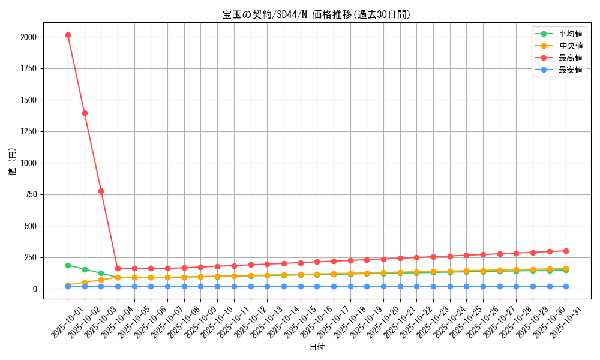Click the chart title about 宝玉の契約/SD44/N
tap(316, 14)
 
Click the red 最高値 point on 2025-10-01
tap(68, 35)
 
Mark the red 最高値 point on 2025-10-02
tap(85, 113)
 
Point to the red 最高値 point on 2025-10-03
tap(101, 191)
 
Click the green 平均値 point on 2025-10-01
tap(68, 265)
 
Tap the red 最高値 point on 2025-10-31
tap(566, 251)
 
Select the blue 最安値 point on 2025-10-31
tap(566, 286)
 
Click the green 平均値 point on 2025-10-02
tap(85, 269)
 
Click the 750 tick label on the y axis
tap(30, 194)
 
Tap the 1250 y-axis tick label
tap(28, 131)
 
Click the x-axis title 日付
tap(316, 347)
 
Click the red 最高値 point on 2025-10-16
tap(317, 262)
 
